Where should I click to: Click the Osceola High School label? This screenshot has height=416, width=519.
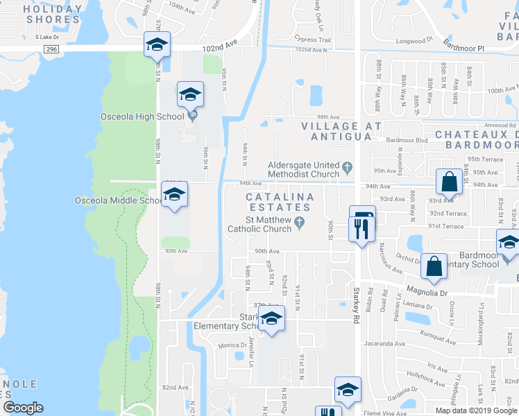pyautogui.click(x=142, y=116)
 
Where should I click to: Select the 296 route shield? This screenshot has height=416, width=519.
pyautogui.click(x=51, y=49)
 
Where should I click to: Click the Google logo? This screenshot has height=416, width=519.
pyautogui.click(x=23, y=408)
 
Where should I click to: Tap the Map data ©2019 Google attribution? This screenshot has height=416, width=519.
pyautogui.click(x=476, y=410)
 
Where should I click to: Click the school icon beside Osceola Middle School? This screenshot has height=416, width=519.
pyautogui.click(x=174, y=194)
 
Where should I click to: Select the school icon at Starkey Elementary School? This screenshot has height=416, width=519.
pyautogui.click(x=271, y=319)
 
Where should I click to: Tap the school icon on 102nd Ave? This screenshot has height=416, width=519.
pyautogui.click(x=157, y=45)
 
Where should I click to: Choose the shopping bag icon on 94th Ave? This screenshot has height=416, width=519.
pyautogui.click(x=449, y=182)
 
